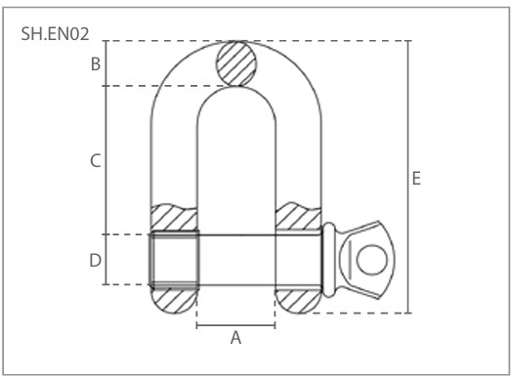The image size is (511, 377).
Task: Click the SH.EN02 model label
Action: click(55, 34)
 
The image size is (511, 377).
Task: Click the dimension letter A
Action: click(235, 338)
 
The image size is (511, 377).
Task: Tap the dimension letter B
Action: click(96, 63)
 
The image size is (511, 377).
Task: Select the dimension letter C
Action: click(95, 161)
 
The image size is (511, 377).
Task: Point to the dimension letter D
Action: click(95, 261)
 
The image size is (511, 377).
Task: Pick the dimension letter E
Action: click(416, 179)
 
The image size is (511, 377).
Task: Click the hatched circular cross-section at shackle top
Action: click(236, 63)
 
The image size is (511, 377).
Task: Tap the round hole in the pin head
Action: click(372, 260)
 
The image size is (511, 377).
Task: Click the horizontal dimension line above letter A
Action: click(235, 325)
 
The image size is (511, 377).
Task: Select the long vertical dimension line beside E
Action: click(408, 177)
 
